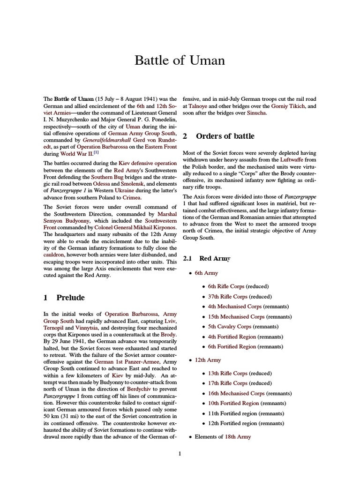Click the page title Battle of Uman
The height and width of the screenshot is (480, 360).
pyautogui.click(x=180, y=60)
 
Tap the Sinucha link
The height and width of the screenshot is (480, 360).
pyautogui.click(x=257, y=113)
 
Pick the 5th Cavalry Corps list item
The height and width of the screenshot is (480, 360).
pyautogui.click(x=230, y=327)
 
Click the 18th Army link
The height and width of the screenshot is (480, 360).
pyautogui.click(x=238, y=437)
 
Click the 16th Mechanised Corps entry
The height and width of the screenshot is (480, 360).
pyautogui.click(x=236, y=393)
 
